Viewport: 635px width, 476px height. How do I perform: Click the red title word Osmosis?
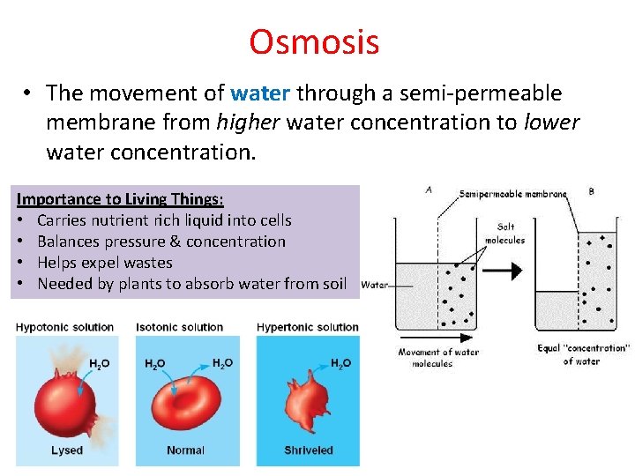pyautogui.click(x=314, y=41)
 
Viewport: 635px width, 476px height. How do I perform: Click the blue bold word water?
pyautogui.click(x=262, y=93)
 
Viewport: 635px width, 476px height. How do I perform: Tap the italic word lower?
pyautogui.click(x=551, y=123)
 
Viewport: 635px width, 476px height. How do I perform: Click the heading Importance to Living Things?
pyautogui.click(x=120, y=199)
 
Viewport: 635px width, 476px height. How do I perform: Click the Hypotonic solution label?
pyautogui.click(x=64, y=327)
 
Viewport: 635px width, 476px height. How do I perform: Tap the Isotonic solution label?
pyautogui.click(x=180, y=327)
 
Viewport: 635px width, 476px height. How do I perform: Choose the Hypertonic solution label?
pyautogui.click(x=307, y=327)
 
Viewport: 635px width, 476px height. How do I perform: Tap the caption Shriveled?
pyautogui.click(x=308, y=450)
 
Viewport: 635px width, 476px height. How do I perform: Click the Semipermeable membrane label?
pyautogui.click(x=512, y=193)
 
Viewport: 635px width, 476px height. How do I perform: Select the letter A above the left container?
pyautogui.click(x=429, y=188)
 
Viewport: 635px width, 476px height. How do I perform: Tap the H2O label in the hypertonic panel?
pyautogui.click(x=340, y=362)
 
